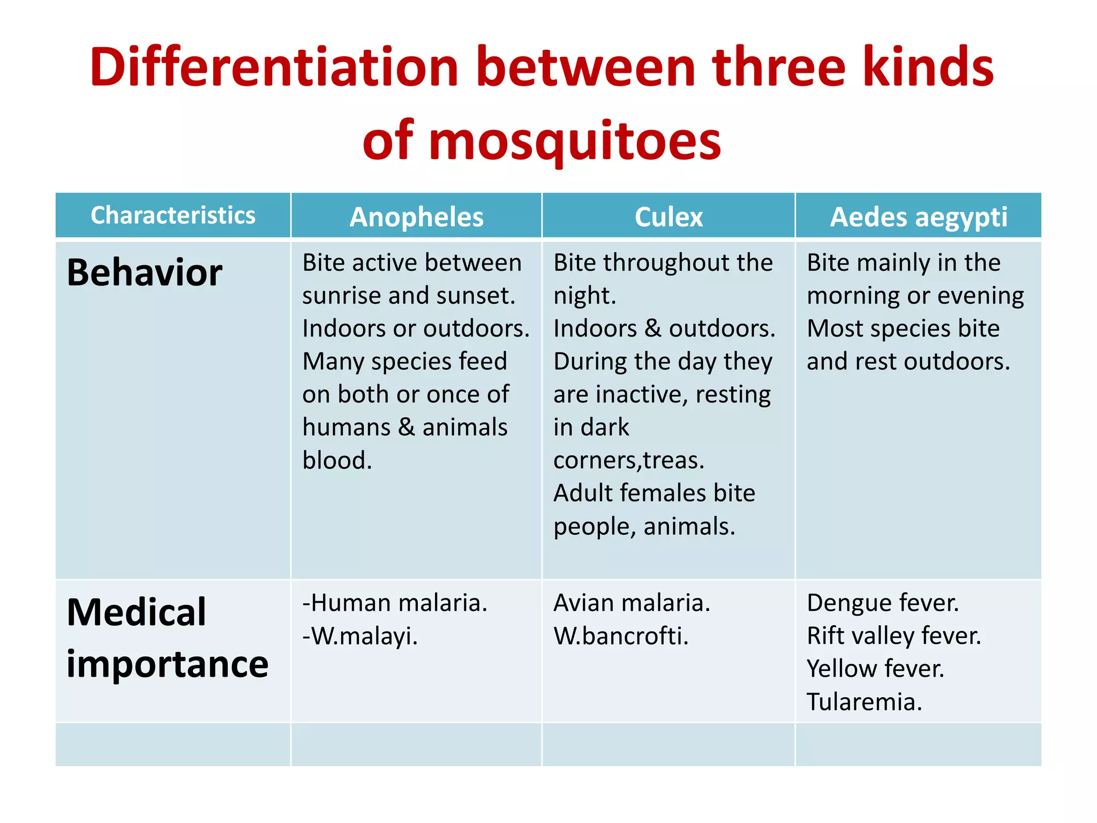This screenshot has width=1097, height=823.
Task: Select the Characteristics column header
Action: tap(173, 215)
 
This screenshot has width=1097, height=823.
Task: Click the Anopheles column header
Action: tap(416, 217)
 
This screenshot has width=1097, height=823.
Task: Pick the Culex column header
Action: tap(668, 217)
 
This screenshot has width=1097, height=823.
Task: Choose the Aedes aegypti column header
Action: tap(918, 217)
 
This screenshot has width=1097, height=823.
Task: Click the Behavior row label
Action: tap(144, 272)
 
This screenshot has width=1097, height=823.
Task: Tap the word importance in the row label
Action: tap(167, 664)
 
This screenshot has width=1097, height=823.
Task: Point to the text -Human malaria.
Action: tap(395, 603)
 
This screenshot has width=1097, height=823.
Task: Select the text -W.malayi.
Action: tap(360, 636)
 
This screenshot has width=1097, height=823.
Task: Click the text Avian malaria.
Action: tap(632, 603)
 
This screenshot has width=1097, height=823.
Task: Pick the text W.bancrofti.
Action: tap(621, 636)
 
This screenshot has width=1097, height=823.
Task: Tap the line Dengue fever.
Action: tap(883, 603)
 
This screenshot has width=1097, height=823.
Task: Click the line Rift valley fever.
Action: tap(893, 636)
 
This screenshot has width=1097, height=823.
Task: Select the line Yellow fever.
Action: tap(875, 669)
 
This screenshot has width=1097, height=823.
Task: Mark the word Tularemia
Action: tap(864, 702)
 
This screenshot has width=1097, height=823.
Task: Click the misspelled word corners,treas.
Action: tap(628, 460)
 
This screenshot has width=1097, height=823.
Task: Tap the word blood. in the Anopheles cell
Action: tap(337, 460)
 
